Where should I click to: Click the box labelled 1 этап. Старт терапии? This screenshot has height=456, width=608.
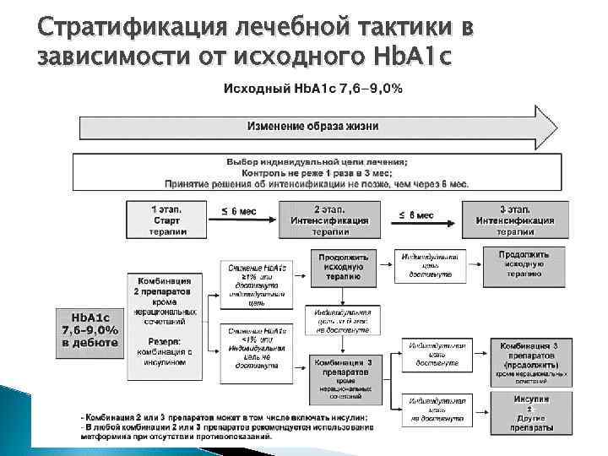(x=167, y=219)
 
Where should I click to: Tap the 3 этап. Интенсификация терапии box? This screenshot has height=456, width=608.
(x=514, y=219)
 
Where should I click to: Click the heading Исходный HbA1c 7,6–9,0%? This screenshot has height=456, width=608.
(x=312, y=88)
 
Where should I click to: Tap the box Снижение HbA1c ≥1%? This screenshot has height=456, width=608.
(x=258, y=284)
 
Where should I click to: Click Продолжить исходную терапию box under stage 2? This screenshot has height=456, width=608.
(x=341, y=264)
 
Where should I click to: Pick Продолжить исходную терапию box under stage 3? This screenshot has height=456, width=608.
(x=524, y=263)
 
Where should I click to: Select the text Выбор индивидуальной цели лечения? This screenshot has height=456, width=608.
(x=315, y=161)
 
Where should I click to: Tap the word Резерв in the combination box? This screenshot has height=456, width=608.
(x=167, y=340)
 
